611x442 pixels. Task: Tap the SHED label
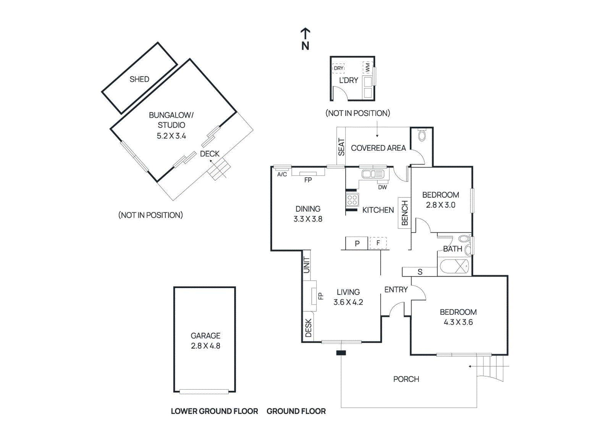(139, 79)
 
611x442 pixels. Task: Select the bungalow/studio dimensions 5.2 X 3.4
(171, 136)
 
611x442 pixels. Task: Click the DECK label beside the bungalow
(210, 154)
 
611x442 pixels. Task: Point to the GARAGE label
(205, 336)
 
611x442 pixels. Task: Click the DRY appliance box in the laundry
(338, 68)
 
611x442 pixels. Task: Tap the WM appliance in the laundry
(367, 68)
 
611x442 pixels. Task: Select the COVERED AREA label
(378, 148)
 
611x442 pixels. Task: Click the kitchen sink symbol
(372, 174)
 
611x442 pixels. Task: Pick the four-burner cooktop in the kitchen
(352, 199)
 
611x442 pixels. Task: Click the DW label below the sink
(382, 187)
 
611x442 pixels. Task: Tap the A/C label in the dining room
(282, 175)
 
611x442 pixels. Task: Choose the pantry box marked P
(357, 243)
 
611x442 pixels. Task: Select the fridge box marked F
(378, 243)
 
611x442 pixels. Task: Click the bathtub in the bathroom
(454, 266)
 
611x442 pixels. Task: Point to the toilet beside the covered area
(422, 136)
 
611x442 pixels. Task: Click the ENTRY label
(396, 290)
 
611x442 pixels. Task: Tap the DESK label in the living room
(309, 328)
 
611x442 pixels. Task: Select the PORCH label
(406, 379)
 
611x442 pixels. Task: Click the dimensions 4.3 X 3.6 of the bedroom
(458, 322)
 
